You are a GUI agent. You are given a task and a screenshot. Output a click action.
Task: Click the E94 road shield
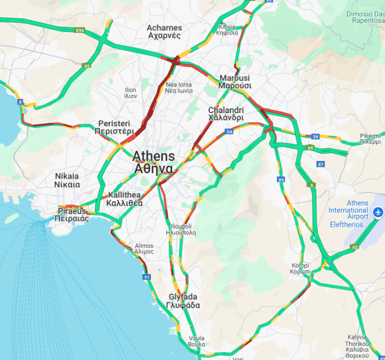click(80, 31)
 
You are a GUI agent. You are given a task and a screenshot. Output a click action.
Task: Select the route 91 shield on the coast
click(146, 277)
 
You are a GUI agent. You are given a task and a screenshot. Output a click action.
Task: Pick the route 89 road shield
click(282, 180)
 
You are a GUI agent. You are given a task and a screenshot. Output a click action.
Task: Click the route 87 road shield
click(320, 164)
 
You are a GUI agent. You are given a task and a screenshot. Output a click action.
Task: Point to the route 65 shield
click(87, 66)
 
